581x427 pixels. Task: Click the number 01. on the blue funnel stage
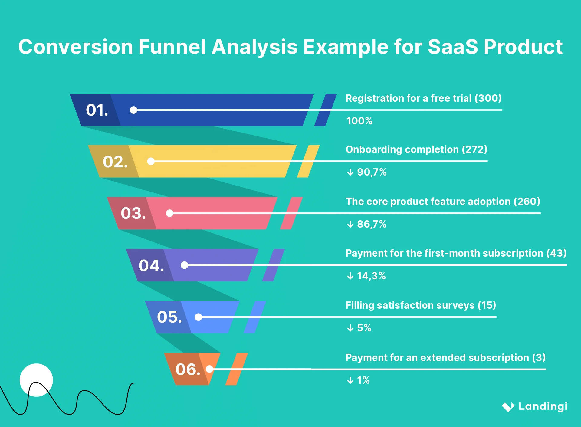[97, 110]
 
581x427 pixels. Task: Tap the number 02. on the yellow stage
[115, 162]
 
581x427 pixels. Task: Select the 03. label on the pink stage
[133, 213]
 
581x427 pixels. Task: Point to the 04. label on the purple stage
[151, 265]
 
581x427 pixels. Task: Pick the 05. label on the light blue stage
[169, 317]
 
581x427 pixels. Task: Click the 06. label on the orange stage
[188, 370]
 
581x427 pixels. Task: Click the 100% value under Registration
[359, 121]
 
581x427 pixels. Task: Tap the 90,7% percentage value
[372, 172]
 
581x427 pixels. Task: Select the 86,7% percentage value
[372, 224]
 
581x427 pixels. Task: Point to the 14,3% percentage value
[371, 276]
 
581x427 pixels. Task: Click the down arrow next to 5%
[350, 328]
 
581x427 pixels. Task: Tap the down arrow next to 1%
[350, 380]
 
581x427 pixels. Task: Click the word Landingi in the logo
[543, 406]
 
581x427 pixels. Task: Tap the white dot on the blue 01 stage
[133, 110]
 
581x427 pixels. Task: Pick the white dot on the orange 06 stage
[209, 369]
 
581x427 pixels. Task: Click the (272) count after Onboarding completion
[474, 149]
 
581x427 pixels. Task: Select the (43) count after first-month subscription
[556, 253]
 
